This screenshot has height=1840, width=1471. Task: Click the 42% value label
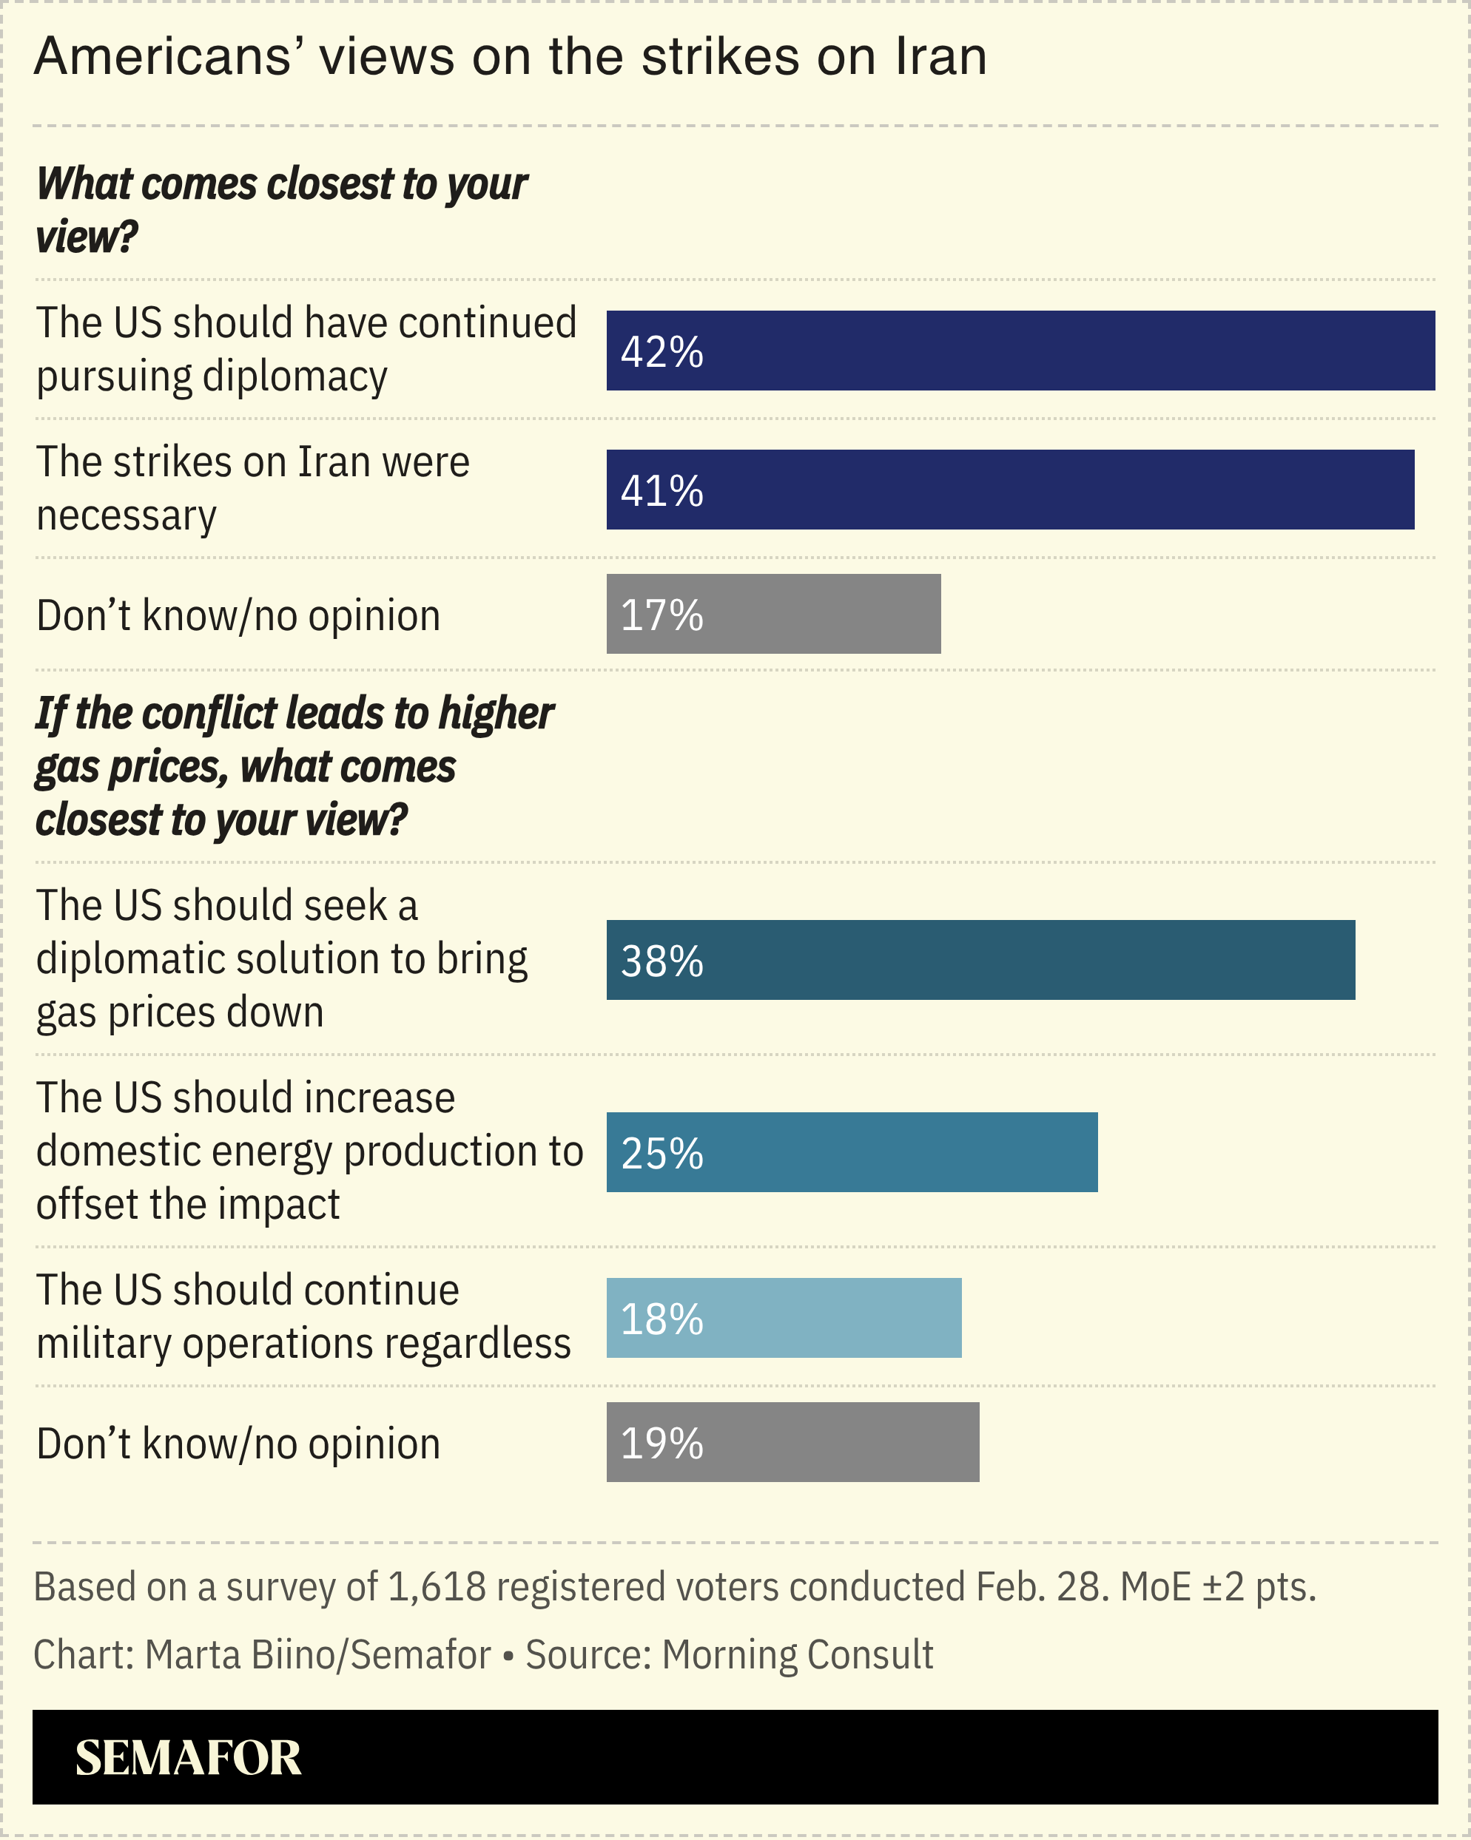(x=662, y=351)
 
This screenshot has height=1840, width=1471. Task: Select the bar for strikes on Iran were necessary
(x=1010, y=490)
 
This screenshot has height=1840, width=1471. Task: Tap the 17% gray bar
(x=773, y=615)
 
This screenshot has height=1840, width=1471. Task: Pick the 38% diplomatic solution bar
(x=980, y=960)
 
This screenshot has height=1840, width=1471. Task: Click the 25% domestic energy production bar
(x=851, y=1152)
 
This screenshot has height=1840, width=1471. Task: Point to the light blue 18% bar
(x=784, y=1318)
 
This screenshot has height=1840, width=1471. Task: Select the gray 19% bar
(x=792, y=1442)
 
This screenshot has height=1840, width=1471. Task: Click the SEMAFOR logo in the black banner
(x=188, y=1758)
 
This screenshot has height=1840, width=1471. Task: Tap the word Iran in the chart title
(x=940, y=57)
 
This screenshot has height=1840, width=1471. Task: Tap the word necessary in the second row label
(x=127, y=515)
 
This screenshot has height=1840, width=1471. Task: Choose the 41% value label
(x=662, y=491)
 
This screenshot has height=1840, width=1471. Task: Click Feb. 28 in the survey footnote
(x=1040, y=1587)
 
